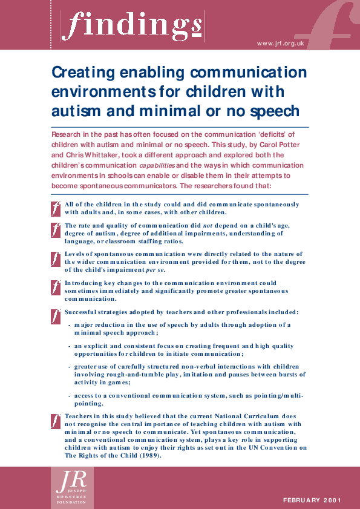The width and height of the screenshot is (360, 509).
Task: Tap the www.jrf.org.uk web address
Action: [x=280, y=44]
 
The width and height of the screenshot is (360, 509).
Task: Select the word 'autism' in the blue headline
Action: [x=76, y=111]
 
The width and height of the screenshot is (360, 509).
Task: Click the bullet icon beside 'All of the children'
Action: [x=56, y=208]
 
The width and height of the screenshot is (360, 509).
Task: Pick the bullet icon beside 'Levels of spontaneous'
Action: [x=56, y=258]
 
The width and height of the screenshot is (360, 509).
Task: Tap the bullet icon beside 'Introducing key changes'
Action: [x=56, y=287]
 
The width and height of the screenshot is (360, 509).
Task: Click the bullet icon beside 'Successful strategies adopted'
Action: [x=56, y=315]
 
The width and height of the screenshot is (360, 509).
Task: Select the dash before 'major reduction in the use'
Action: [x=70, y=325]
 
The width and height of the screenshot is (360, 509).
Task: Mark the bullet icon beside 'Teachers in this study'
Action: [x=56, y=419]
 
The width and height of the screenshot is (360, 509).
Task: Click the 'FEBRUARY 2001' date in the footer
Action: [x=312, y=500]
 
